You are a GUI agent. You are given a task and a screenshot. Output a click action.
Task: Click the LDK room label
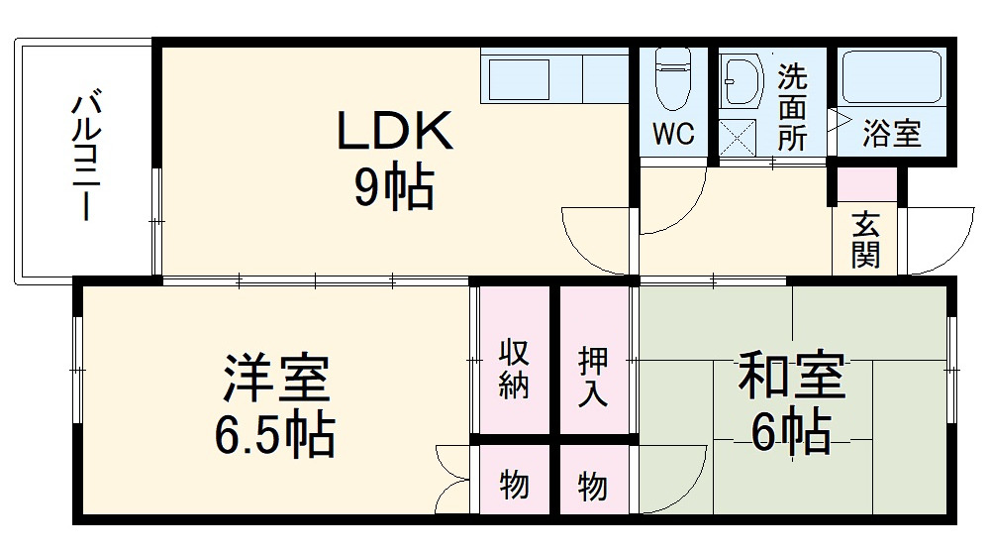(395, 130)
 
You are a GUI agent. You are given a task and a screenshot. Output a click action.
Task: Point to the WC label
(673, 134)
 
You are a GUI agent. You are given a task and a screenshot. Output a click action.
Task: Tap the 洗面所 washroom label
(791, 107)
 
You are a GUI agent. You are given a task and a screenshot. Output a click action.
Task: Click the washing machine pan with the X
(738, 137)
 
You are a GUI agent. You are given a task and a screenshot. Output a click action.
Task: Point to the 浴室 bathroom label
(891, 134)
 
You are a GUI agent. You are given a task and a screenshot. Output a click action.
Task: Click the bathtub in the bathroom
(891, 77)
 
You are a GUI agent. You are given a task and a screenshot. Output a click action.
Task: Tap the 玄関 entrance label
(864, 240)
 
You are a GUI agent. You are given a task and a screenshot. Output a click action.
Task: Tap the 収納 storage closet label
(513, 369)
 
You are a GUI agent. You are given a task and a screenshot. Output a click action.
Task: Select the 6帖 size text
(790, 432)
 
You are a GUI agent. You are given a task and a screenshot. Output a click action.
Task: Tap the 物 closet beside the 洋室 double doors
(513, 487)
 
